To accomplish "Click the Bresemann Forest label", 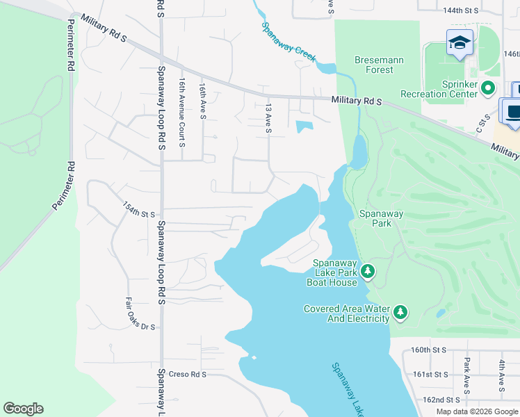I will pos(379,65).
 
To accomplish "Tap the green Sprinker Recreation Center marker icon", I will pos(487,88).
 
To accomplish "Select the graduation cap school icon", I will pos(460,43).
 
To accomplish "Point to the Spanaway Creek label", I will pos(289,42).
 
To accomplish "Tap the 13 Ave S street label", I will pos(268,115).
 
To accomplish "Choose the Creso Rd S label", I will pos(190,374).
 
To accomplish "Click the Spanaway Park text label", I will pos(375,218).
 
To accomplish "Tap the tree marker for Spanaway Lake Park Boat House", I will pos(369,272).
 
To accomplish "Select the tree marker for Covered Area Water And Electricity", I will pos(400,313).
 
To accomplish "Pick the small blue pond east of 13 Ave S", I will pos(304,126).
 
